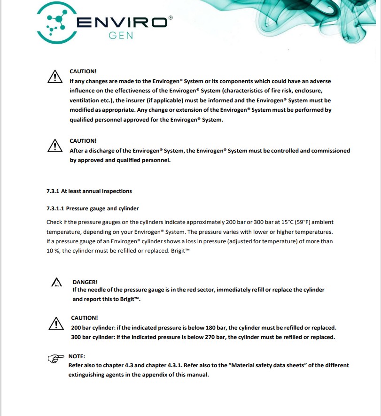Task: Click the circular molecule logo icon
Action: click(56, 22)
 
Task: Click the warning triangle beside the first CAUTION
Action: click(55, 77)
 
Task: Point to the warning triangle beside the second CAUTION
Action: click(55, 146)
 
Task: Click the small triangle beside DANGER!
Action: click(56, 283)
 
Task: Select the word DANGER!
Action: click(85, 282)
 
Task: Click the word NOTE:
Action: click(77, 356)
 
